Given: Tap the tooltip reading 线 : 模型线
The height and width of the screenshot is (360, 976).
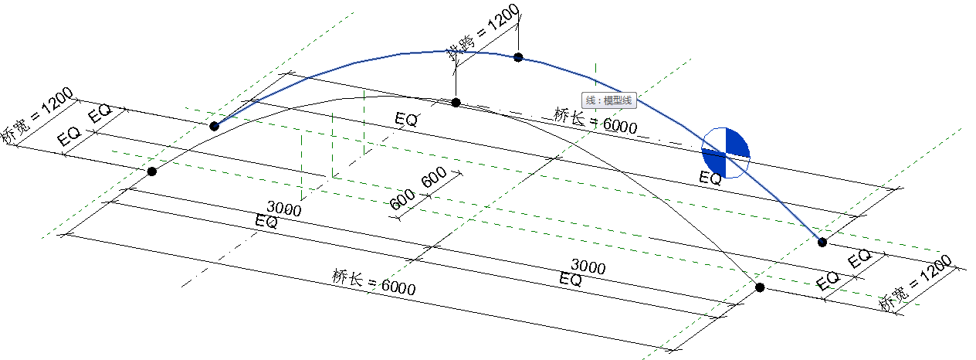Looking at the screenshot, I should (x=608, y=100).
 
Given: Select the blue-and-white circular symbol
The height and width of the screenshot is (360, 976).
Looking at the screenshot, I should (x=725, y=152).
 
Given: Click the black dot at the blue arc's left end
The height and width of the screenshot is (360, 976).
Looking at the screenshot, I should (x=215, y=125).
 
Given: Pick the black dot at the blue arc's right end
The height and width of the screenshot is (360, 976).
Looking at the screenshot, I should (x=822, y=242).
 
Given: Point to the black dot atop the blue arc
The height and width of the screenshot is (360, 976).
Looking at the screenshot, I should (x=518, y=57).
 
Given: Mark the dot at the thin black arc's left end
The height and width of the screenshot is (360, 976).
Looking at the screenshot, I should (x=152, y=171).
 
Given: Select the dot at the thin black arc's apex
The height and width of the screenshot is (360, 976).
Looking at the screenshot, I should (x=456, y=102).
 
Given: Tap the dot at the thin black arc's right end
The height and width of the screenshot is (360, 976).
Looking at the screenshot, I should (x=760, y=287).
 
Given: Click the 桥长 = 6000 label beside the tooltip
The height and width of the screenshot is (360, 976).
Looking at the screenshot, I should (x=595, y=121).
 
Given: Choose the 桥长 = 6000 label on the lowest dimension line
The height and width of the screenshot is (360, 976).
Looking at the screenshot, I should (x=374, y=282).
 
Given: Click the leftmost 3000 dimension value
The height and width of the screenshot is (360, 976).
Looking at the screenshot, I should (x=283, y=208).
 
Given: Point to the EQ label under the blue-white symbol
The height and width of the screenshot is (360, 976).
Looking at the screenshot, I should (x=710, y=178).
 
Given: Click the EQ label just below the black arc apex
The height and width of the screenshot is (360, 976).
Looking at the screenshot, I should (x=406, y=120).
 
